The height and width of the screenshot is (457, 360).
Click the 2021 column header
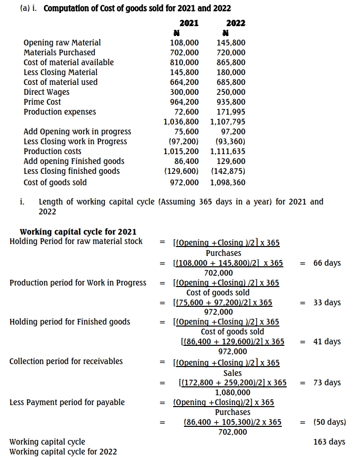(188, 23)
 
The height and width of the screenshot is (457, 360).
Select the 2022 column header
(235, 23)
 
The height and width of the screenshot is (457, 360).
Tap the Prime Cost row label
(42, 102)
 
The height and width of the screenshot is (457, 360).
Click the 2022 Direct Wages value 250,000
(231, 92)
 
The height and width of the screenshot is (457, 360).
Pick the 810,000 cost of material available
(184, 62)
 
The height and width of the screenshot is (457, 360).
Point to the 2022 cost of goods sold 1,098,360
(227, 182)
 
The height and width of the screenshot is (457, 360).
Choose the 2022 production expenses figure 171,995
(231, 112)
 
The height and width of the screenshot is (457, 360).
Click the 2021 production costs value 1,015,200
(181, 151)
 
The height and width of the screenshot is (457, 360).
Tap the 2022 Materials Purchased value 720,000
(231, 52)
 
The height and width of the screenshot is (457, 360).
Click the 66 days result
(327, 263)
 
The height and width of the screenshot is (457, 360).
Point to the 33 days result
(327, 302)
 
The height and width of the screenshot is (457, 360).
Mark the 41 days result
(327, 341)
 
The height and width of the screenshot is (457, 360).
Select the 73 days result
(327, 382)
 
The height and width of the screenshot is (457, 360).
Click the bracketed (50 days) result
(330, 422)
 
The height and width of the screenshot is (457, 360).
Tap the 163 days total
(329, 442)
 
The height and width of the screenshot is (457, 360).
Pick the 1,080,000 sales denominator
(232, 392)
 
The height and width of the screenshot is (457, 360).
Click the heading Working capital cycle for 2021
(78, 232)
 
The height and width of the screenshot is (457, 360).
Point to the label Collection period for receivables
(66, 361)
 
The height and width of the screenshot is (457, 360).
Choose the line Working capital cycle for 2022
(63, 451)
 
